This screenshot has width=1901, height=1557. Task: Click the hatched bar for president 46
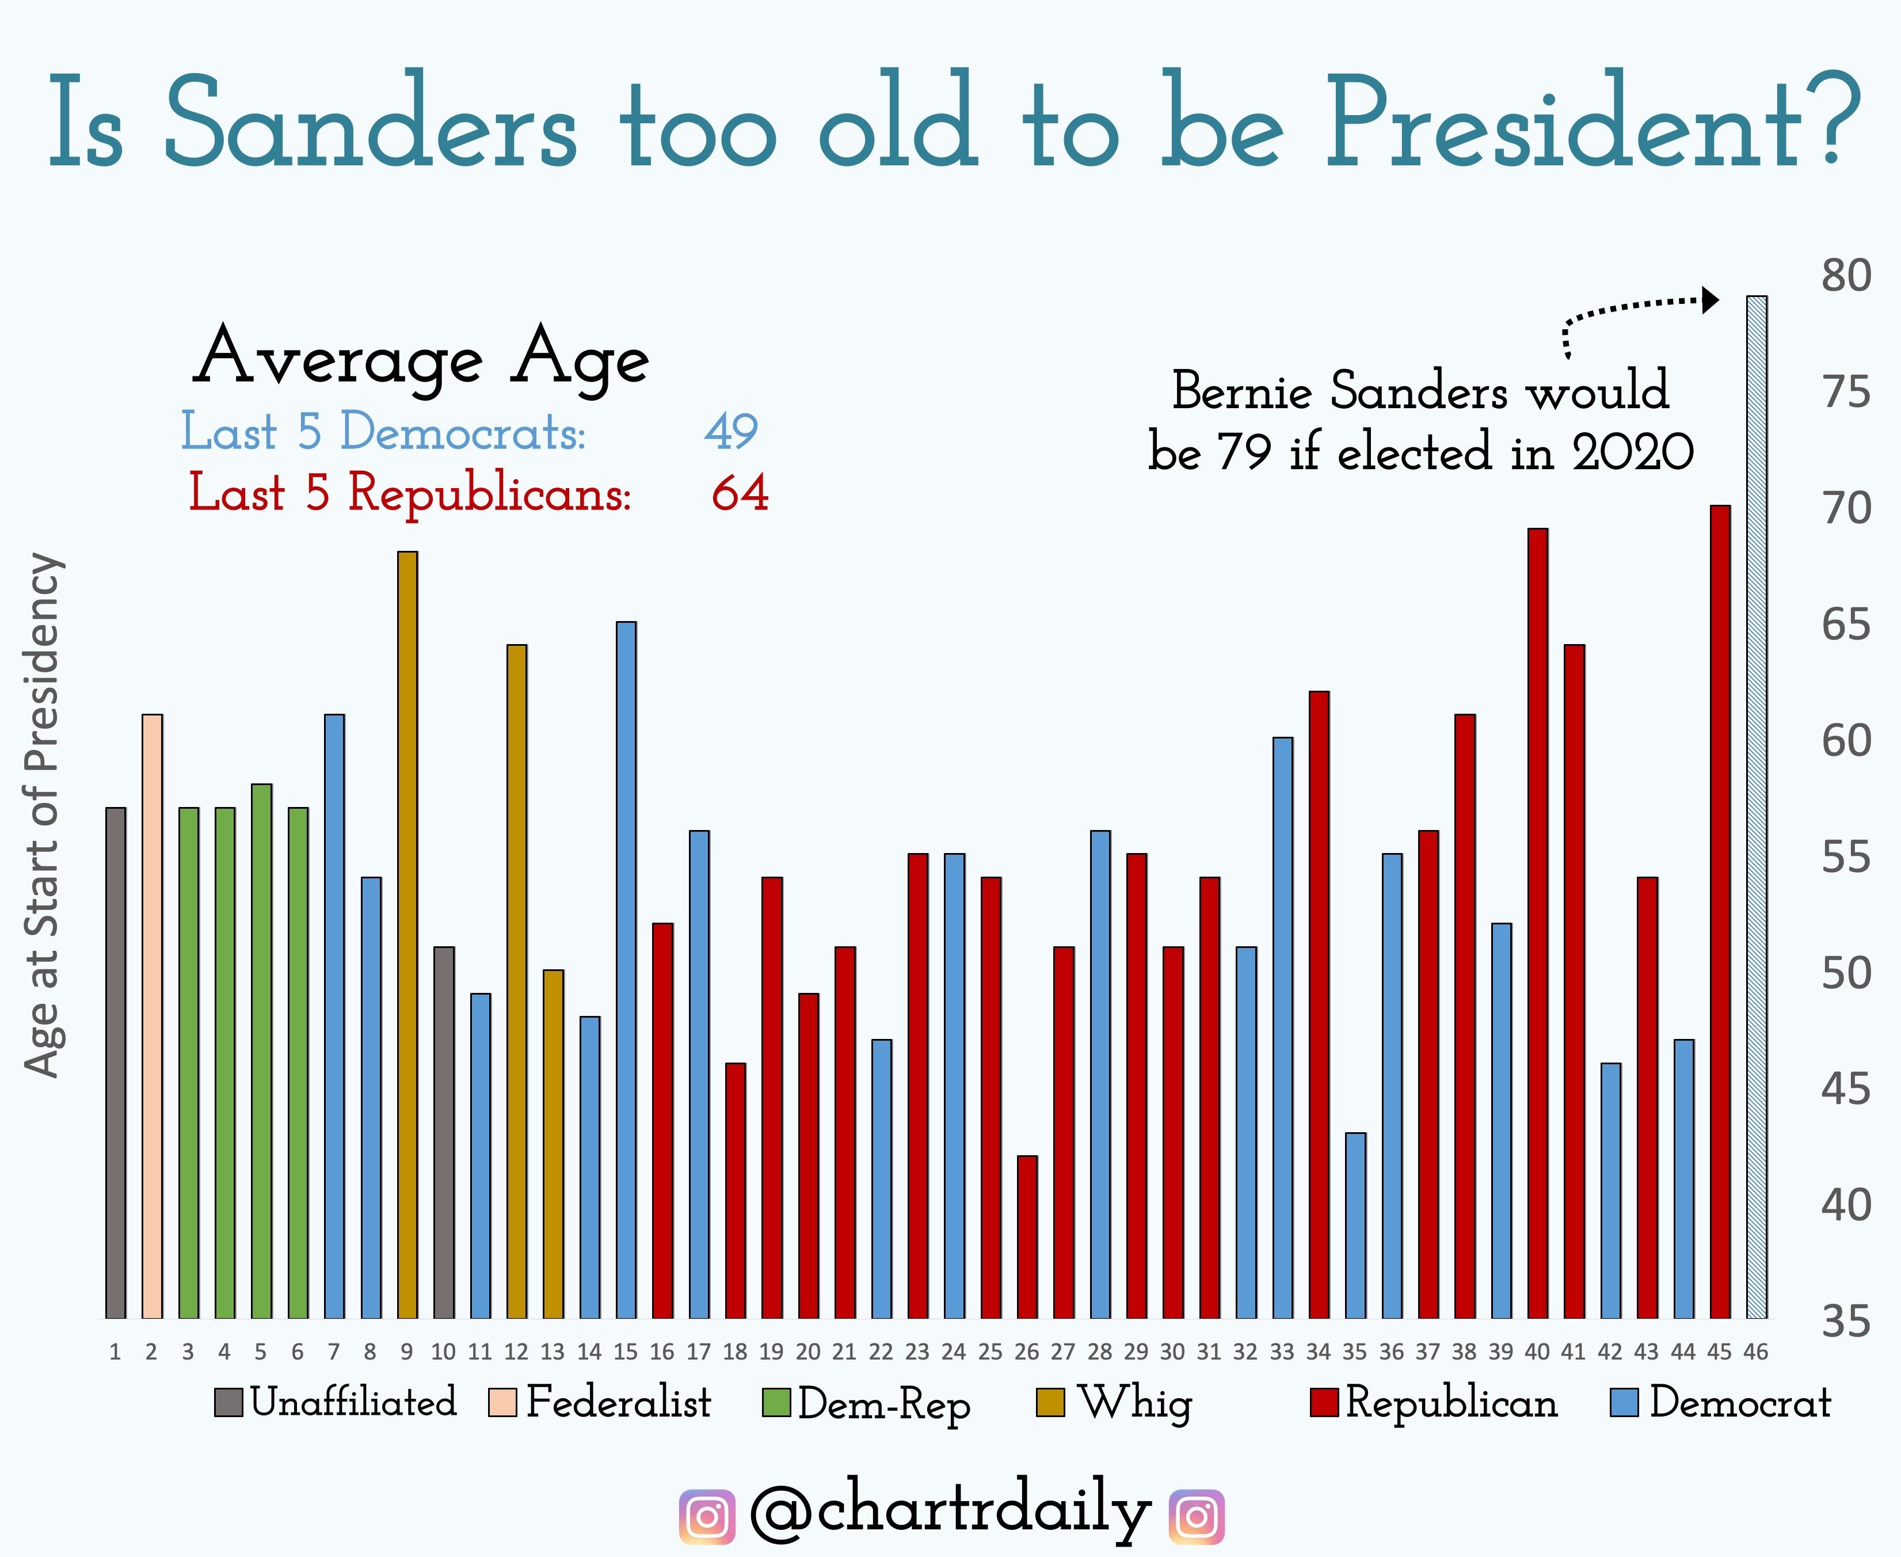coord(1757,807)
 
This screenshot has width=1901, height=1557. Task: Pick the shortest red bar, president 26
coord(1027,1237)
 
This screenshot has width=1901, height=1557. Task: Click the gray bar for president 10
coord(444,1132)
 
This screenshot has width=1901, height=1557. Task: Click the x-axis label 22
coord(881,1352)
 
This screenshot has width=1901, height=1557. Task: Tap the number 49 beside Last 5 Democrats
coord(731,431)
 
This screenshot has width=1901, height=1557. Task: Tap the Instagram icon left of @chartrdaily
coord(707,1517)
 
